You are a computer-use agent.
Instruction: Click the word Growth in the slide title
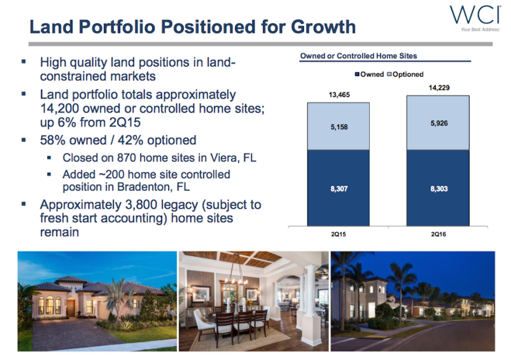click(x=323, y=26)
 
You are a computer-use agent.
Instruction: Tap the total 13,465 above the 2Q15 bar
click(x=339, y=95)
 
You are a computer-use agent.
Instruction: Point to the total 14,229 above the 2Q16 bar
click(x=439, y=88)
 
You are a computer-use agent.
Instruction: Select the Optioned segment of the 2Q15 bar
click(x=338, y=126)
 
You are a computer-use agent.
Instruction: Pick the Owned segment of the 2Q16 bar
click(x=437, y=188)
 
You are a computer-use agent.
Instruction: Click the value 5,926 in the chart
click(x=439, y=123)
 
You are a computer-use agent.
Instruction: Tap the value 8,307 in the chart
click(x=339, y=188)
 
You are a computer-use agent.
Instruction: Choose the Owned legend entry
click(x=369, y=74)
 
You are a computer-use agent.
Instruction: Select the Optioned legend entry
click(x=405, y=74)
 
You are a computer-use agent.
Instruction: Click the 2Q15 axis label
click(x=338, y=234)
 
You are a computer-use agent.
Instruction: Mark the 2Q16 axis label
click(x=438, y=234)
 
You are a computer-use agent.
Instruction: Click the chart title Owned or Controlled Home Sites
click(x=359, y=56)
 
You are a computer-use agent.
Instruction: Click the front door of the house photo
click(x=71, y=307)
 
